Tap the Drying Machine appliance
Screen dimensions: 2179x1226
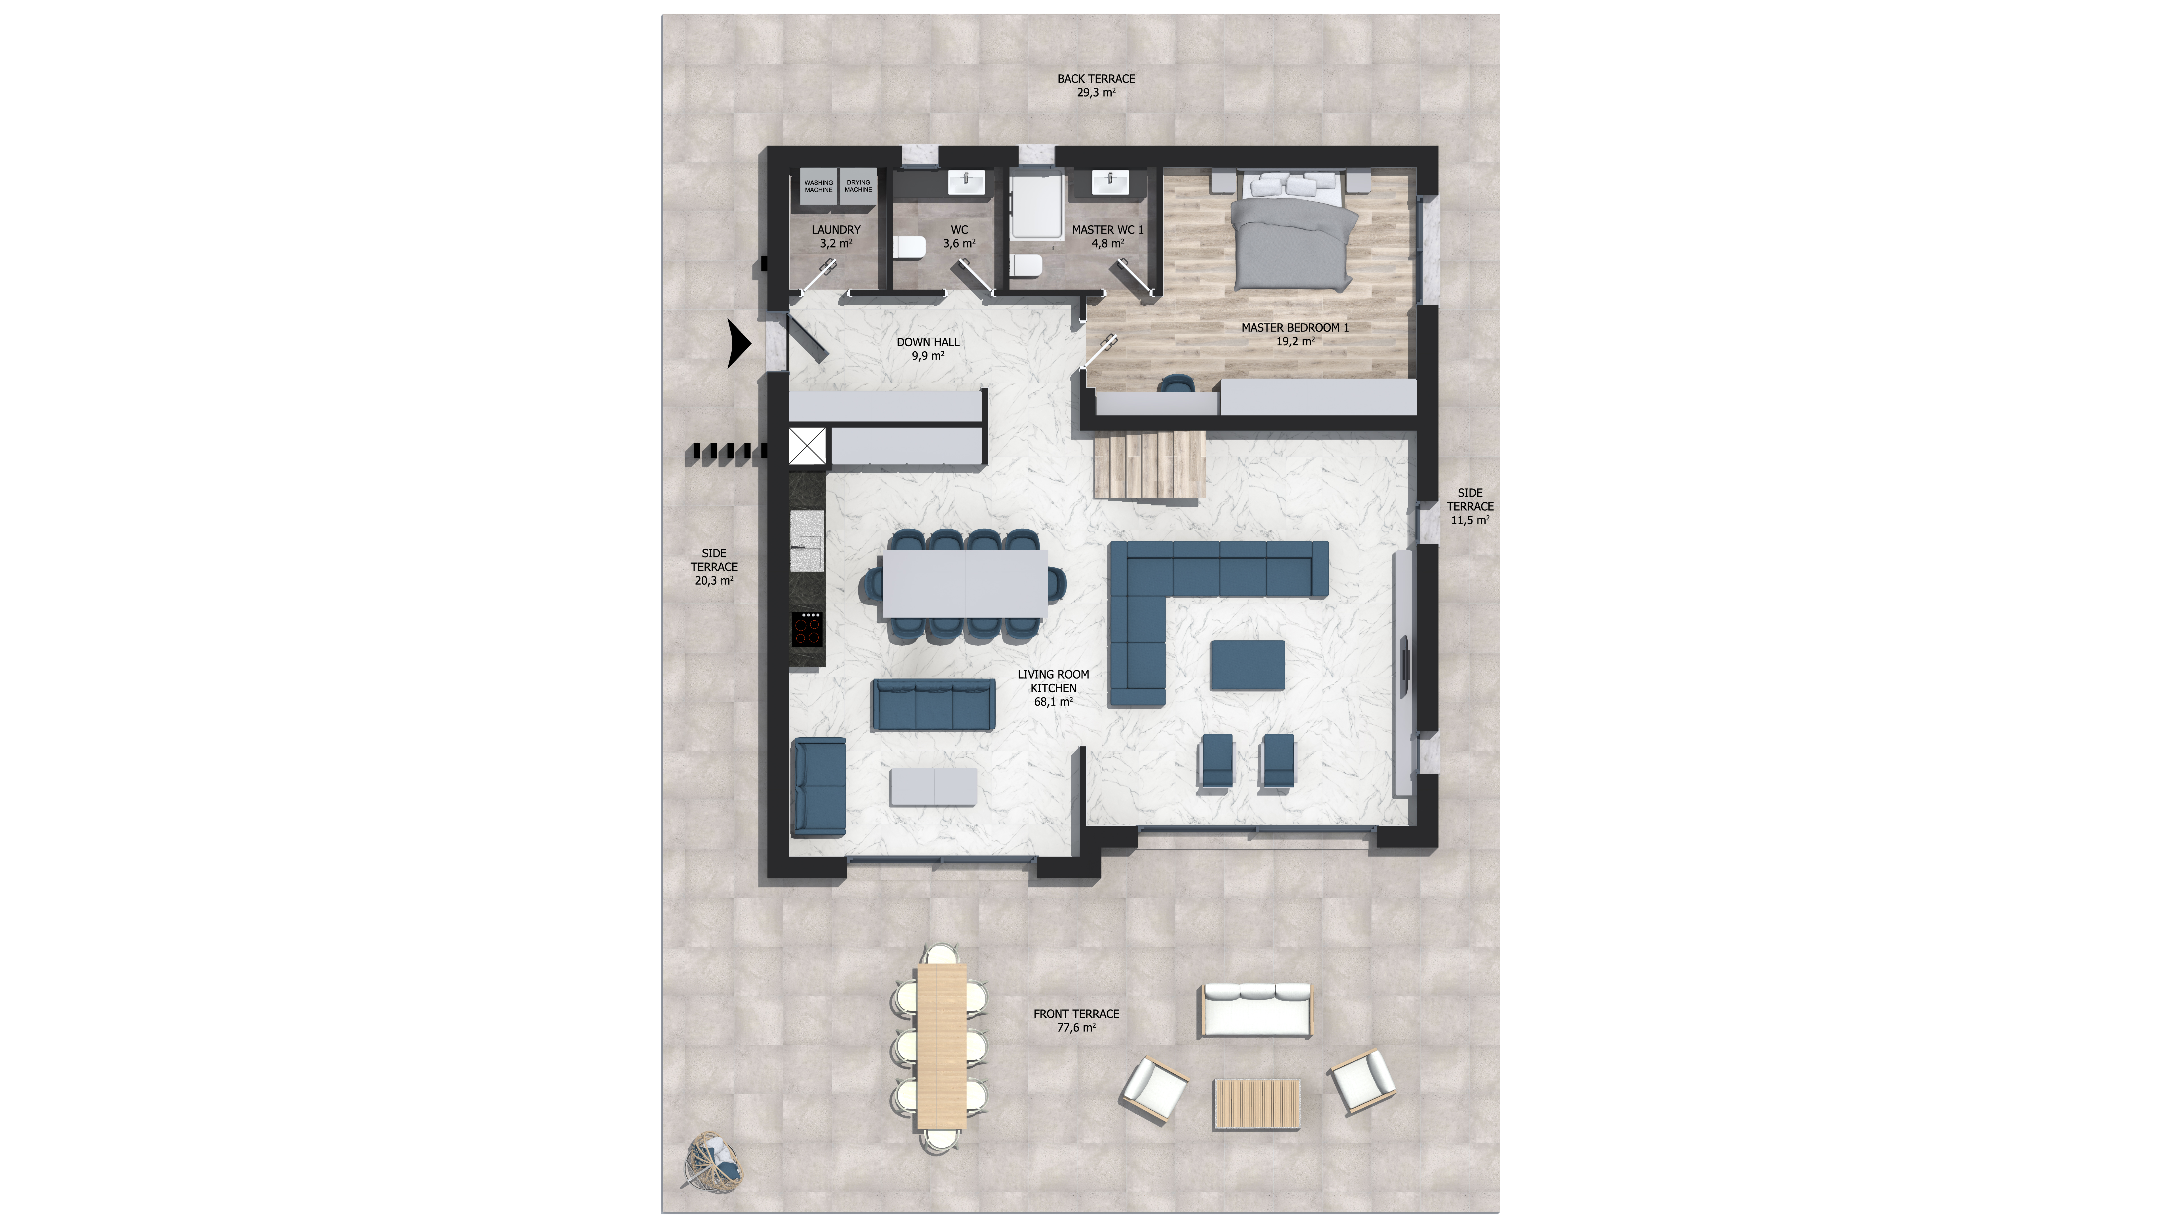858,186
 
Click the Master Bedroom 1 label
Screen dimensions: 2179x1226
1295,334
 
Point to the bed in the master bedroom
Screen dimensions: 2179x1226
1290,233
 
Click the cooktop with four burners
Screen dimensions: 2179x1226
807,629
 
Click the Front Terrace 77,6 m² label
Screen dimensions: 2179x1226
1076,1021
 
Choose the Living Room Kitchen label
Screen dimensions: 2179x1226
1053,688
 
